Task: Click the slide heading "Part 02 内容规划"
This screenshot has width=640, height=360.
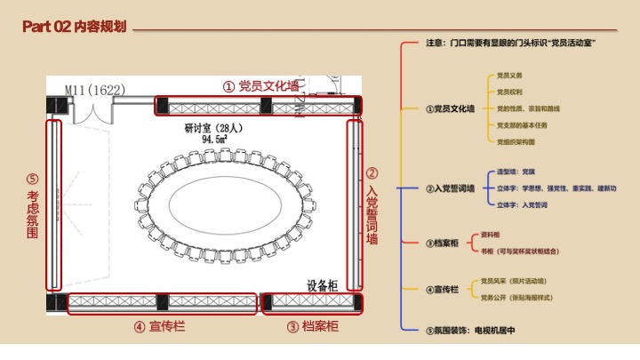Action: (x=76, y=28)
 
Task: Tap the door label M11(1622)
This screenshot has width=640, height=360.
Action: (x=95, y=89)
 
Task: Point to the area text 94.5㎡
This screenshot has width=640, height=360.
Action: (x=214, y=140)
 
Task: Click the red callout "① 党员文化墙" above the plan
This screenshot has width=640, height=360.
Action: (x=260, y=86)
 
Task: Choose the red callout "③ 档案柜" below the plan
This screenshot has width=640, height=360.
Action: (x=313, y=326)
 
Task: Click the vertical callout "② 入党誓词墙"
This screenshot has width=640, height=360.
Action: (x=372, y=206)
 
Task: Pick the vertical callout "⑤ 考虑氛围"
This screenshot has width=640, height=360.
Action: (x=33, y=206)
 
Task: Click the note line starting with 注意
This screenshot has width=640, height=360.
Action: (x=510, y=42)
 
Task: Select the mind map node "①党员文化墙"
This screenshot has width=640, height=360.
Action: (x=450, y=108)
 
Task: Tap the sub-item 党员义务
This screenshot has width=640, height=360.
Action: (x=509, y=76)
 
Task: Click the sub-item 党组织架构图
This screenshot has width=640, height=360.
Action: (x=516, y=141)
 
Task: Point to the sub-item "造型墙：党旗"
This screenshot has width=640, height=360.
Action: (x=516, y=172)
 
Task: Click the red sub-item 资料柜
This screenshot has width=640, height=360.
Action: (x=490, y=235)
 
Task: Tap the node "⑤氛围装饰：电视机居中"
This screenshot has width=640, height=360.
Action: (x=471, y=330)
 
